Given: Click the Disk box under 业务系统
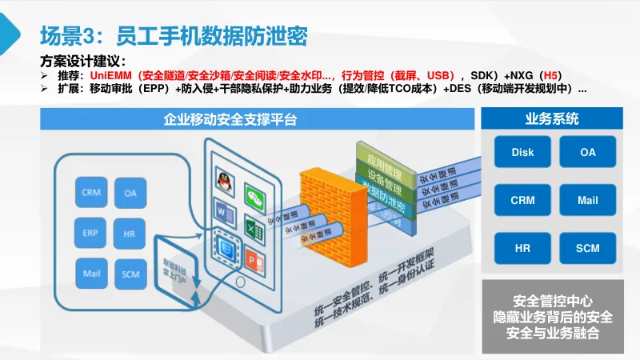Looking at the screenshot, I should pyautogui.click(x=522, y=152).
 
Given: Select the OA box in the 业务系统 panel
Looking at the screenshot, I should pyautogui.click(x=588, y=152).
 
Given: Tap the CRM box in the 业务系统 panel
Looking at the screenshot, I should pyautogui.click(x=522, y=200).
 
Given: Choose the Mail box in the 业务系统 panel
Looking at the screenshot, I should pyautogui.click(x=588, y=200).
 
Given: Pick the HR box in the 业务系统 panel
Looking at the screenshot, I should pyautogui.click(x=522, y=249).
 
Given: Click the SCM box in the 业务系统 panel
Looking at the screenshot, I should pyautogui.click(x=588, y=249).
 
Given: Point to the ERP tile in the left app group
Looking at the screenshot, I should pyautogui.click(x=90, y=233).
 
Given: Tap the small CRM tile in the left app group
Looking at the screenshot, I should pyautogui.click(x=90, y=193).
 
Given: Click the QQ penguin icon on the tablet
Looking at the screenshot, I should pyautogui.click(x=225, y=182).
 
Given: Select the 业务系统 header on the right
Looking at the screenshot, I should pyautogui.click(x=552, y=120).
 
